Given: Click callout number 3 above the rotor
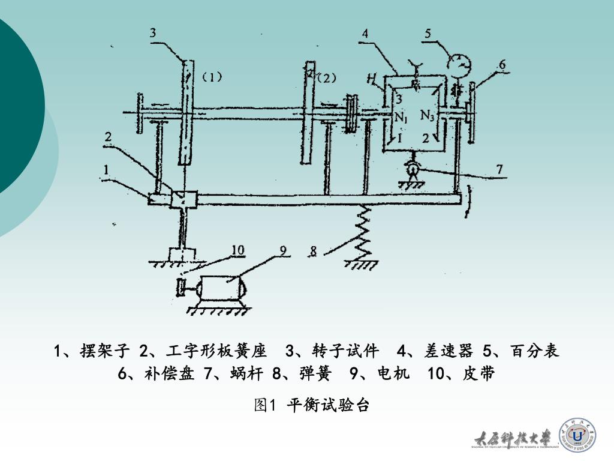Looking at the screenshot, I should [153, 33].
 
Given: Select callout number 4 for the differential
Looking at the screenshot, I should [365, 34].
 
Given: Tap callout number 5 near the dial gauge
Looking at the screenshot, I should [428, 33].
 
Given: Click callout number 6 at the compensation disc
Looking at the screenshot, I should [502, 64].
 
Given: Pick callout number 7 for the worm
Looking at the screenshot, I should [499, 169].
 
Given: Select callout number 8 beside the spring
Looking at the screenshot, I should [313, 251].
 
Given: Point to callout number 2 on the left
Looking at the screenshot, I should [108, 137].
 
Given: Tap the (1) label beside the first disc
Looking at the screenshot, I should [212, 77].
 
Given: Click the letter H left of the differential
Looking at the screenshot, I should [372, 77].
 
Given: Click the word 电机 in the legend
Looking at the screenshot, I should [393, 374].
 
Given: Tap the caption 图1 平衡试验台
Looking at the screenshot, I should [311, 405].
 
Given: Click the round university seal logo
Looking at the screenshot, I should [577, 435].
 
